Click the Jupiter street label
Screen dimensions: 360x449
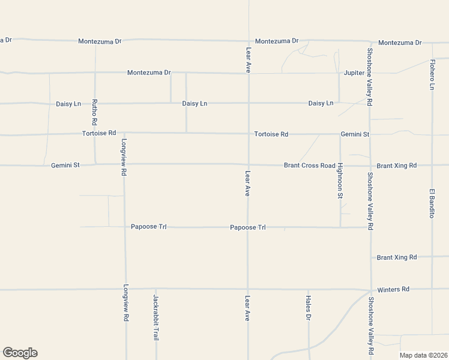pos(354,73)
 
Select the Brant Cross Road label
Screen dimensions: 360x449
pos(309,165)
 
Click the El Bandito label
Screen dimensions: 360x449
pos(432,203)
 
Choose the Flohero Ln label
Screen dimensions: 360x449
pos(432,75)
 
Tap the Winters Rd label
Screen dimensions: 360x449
pos(393,289)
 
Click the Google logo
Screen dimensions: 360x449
pos(20,353)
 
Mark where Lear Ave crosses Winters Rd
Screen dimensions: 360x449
pos(247,289)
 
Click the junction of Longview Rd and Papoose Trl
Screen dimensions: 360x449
pos(125,227)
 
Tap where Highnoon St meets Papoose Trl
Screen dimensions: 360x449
pos(340,227)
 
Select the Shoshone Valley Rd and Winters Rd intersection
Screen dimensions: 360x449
pos(370,290)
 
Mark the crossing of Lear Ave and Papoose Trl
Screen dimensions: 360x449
pos(247,227)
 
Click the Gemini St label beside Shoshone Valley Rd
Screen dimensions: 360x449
pos(355,134)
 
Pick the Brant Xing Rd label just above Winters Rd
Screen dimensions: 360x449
pos(396,257)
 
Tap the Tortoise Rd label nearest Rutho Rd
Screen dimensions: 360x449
pos(99,133)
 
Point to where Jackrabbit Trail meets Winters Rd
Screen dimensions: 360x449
pos(155,289)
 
